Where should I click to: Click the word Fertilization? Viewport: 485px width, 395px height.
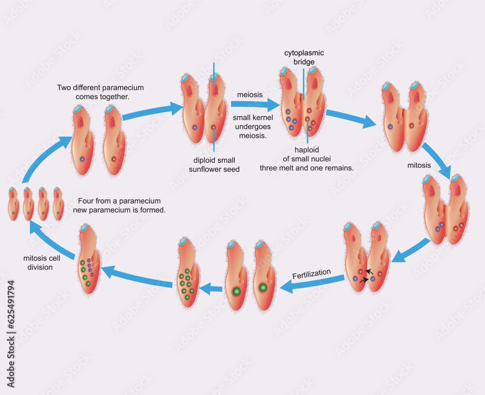311,274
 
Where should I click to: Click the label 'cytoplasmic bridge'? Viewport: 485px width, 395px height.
304,57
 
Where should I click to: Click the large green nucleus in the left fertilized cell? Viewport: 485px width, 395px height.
237,291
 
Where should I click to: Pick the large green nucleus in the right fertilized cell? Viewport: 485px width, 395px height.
263,287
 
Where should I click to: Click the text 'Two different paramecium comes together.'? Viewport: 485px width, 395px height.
100,92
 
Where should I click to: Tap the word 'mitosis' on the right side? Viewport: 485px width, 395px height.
419,165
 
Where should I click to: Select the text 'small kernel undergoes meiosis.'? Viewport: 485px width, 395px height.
252,126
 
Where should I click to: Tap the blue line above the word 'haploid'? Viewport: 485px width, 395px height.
307,133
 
